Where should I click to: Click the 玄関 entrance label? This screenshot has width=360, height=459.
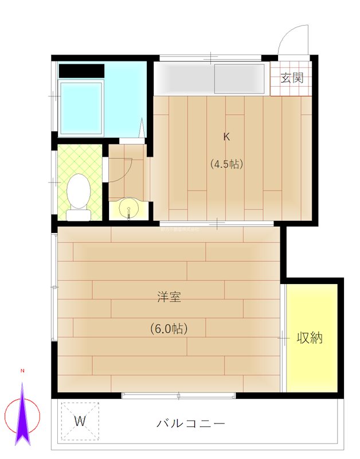(x=292, y=79)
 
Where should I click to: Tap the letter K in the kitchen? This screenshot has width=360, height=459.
(x=226, y=137)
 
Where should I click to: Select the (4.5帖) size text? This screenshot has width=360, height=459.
(x=226, y=164)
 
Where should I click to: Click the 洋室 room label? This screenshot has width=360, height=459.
(x=169, y=297)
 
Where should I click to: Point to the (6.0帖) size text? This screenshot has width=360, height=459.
(x=169, y=329)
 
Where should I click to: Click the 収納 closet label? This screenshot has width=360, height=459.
(x=310, y=338)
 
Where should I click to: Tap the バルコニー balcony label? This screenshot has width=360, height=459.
(x=191, y=425)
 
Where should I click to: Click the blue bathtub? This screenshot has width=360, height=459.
(x=81, y=107)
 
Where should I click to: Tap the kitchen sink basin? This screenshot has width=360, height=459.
(x=240, y=79)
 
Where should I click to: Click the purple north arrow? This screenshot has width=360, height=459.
(x=22, y=416)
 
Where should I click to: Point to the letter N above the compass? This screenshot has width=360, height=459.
(x=22, y=371)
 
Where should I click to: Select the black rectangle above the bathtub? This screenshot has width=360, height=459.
(x=81, y=71)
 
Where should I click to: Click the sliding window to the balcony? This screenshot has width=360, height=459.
(x=179, y=395)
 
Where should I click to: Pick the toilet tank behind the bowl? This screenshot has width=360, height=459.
(x=79, y=216)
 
